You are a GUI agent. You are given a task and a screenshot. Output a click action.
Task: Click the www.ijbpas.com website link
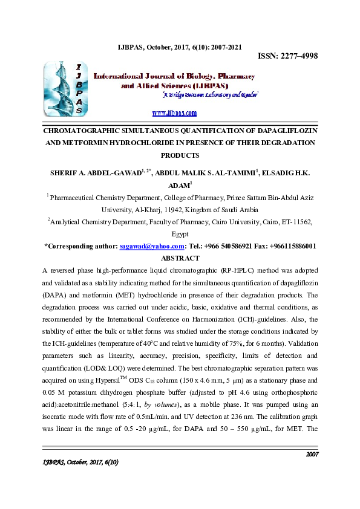(x=174, y=113)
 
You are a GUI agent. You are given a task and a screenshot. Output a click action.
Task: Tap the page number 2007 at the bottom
(x=312, y=470)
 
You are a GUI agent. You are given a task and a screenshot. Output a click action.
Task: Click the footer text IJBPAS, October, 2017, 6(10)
(x=79, y=479)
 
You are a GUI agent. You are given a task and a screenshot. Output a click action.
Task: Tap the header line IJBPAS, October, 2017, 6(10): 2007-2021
(x=180, y=47)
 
